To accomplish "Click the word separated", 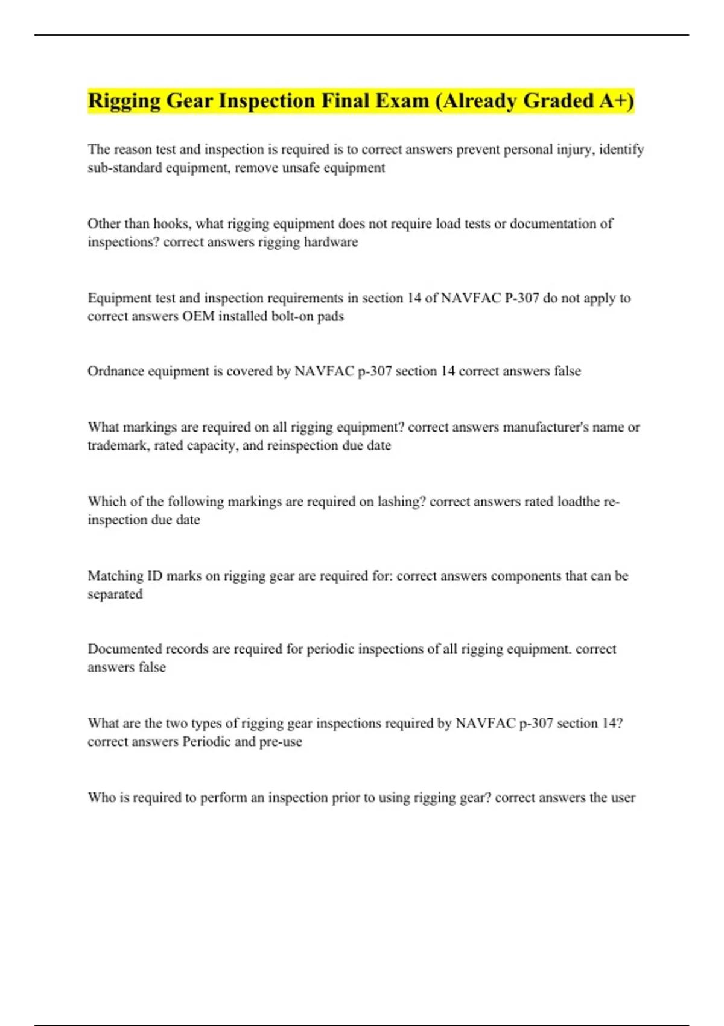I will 115,594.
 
